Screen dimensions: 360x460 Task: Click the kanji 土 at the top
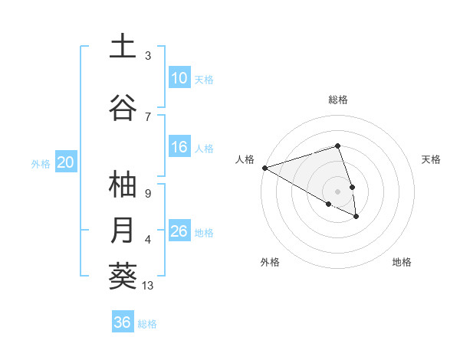click(123, 48)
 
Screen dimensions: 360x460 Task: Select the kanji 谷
click(123, 108)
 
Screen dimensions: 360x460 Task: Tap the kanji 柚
click(123, 186)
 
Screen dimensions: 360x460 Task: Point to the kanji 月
click(123, 231)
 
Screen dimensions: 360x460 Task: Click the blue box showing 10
click(179, 78)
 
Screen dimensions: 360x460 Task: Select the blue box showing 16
click(179, 148)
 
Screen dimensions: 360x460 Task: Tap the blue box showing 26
click(179, 231)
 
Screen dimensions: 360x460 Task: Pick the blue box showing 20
click(66, 162)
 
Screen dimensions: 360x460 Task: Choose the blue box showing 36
click(123, 322)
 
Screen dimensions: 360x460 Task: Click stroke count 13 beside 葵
click(148, 286)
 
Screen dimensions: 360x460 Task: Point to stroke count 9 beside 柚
click(147, 193)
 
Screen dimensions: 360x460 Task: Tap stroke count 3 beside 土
click(147, 56)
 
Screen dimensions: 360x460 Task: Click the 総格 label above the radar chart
click(338, 100)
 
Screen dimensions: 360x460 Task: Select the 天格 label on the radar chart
click(431, 159)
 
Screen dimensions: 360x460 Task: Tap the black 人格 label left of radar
click(245, 159)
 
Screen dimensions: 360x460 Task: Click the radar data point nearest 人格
click(264, 168)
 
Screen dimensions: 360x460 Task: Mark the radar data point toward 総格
click(337, 146)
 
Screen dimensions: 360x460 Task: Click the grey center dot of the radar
click(337, 191)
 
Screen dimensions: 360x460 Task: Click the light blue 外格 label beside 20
click(41, 163)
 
